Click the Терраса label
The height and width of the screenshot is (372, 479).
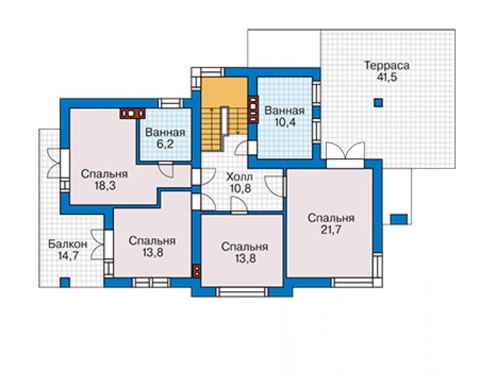pos(386,65)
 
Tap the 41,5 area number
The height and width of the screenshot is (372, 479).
pos(386,77)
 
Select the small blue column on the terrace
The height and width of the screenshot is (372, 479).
pos(379,103)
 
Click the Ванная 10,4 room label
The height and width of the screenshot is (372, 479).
pos(284,116)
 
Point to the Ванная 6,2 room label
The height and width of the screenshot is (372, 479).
pos(165,138)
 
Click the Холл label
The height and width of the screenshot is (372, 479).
pos(240,177)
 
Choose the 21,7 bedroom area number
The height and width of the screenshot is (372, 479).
pos(331,230)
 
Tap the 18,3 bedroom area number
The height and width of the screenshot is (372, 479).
pos(105,186)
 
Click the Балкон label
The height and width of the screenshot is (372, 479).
pos(68,245)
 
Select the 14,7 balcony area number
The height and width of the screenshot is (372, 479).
pos(68,256)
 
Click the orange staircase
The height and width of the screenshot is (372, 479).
pos(224,113)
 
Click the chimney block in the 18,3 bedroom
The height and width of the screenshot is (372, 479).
pos(132,113)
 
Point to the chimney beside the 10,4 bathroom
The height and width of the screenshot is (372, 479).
pos(253,109)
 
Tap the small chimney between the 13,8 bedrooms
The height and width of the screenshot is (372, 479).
pos(197,270)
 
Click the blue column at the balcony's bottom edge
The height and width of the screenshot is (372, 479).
pos(65,282)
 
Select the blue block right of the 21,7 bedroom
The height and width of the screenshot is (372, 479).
pos(399,219)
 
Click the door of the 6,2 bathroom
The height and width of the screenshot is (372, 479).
pos(166,170)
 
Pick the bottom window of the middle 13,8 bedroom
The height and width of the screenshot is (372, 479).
pos(242,292)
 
